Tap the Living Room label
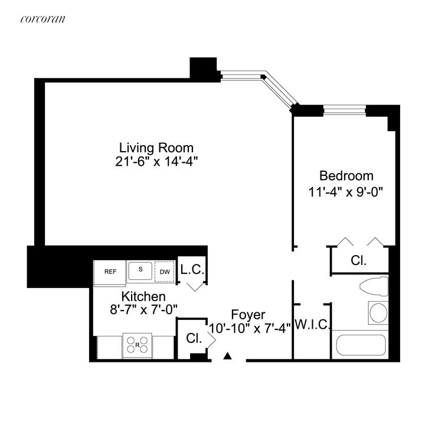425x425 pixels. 156,147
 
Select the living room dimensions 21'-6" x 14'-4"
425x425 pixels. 156,160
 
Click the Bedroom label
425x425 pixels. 346,175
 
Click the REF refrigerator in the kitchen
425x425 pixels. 110,272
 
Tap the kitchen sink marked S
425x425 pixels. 140,270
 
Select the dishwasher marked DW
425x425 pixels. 164,272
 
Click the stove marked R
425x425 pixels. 137,345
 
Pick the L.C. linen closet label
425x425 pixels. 192,270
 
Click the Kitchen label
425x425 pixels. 143,296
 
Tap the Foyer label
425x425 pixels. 248,315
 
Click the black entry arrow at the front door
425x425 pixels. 228,355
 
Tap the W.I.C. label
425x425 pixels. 312,324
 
